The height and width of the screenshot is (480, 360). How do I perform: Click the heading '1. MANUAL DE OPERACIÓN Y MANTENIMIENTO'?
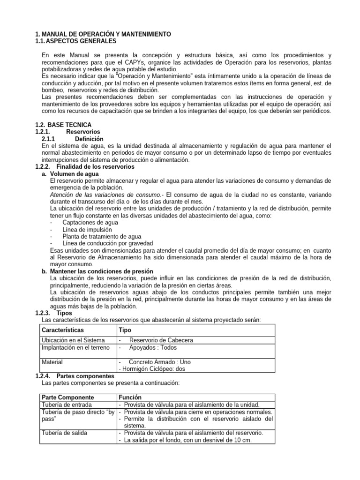[x=103, y=35]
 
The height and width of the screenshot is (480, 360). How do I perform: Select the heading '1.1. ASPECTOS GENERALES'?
[x=78, y=42]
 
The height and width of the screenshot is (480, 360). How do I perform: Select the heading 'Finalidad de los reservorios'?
[x=95, y=167]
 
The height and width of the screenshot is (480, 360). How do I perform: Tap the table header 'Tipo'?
[x=125, y=330]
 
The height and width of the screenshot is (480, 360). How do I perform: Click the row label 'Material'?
[x=52, y=362]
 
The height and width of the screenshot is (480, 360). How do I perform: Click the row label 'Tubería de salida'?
[x=64, y=433]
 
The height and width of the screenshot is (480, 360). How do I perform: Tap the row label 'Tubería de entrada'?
[x=67, y=405]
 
